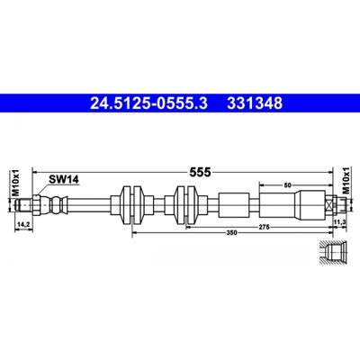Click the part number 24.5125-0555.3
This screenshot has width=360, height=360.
(148, 103)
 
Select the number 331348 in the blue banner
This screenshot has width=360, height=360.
(255, 103)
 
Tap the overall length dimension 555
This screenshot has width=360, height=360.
(201, 173)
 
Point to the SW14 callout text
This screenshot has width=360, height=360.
(64, 180)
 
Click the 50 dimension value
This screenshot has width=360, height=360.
(287, 185)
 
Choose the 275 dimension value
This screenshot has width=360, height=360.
(264, 227)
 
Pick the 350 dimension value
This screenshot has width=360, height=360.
(231, 232)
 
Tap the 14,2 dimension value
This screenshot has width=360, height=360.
(22, 224)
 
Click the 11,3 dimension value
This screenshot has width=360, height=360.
(340, 221)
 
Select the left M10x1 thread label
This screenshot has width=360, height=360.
(16, 183)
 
